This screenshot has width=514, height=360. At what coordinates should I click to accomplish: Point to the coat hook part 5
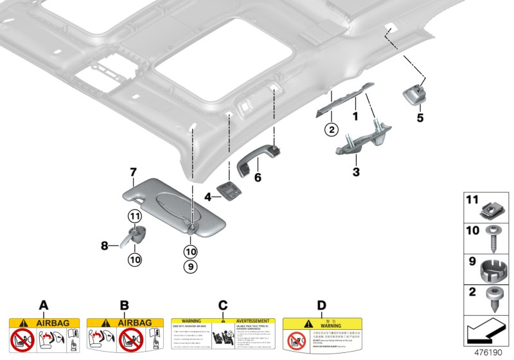tap(414, 96)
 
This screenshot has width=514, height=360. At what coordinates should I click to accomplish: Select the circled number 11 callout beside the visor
tap(135, 215)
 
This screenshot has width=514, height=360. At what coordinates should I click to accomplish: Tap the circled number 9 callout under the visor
tap(191, 265)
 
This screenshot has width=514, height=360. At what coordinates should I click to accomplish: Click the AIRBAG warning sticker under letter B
tap(123, 335)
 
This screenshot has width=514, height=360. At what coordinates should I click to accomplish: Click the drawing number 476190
tap(488, 353)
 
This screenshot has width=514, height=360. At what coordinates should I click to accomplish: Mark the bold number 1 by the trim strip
tap(353, 118)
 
